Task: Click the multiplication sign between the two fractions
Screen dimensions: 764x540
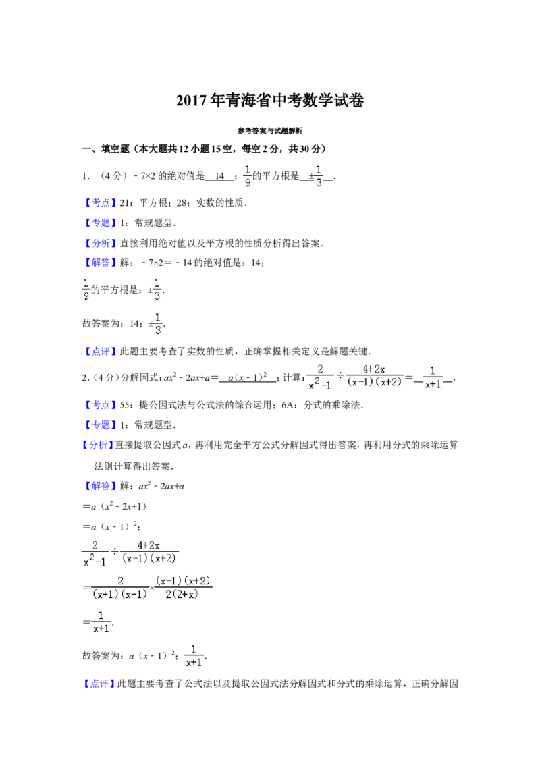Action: (x=152, y=587)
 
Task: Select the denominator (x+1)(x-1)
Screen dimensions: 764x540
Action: (x=119, y=595)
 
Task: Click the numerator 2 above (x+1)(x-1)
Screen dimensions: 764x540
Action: (x=120, y=580)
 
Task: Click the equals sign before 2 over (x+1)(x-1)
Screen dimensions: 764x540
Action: (x=88, y=588)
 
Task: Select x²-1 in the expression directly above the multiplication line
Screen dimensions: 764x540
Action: (x=94, y=560)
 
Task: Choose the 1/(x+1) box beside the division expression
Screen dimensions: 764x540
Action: (x=433, y=377)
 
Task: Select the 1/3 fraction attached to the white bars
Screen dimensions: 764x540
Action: (x=157, y=289)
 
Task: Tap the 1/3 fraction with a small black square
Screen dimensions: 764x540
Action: (x=158, y=324)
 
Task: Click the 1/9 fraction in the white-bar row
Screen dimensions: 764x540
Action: (x=86, y=289)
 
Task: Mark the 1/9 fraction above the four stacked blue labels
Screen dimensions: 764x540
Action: (x=248, y=175)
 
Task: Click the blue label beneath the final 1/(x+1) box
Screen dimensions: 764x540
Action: (x=100, y=684)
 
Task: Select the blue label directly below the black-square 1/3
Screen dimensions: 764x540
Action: (x=100, y=351)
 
